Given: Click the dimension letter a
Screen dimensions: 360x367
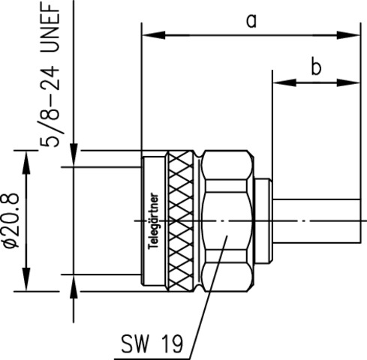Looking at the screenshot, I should [251, 20].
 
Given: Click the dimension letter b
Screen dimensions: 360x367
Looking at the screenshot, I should [315, 67].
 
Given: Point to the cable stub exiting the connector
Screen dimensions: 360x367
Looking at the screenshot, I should [315, 220].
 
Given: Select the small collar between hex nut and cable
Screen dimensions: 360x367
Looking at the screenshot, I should [263, 220].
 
